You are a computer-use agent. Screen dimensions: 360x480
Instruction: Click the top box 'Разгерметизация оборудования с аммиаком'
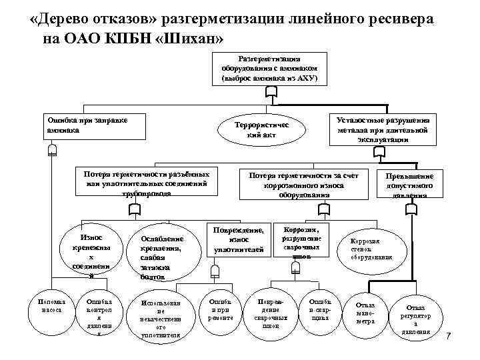[270, 69]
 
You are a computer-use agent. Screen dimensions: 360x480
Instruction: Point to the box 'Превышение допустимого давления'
[409, 185]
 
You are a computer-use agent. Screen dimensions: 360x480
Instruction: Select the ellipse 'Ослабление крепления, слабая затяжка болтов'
[161, 256]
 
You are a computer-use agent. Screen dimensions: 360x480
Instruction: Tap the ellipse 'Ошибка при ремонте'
[221, 308]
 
